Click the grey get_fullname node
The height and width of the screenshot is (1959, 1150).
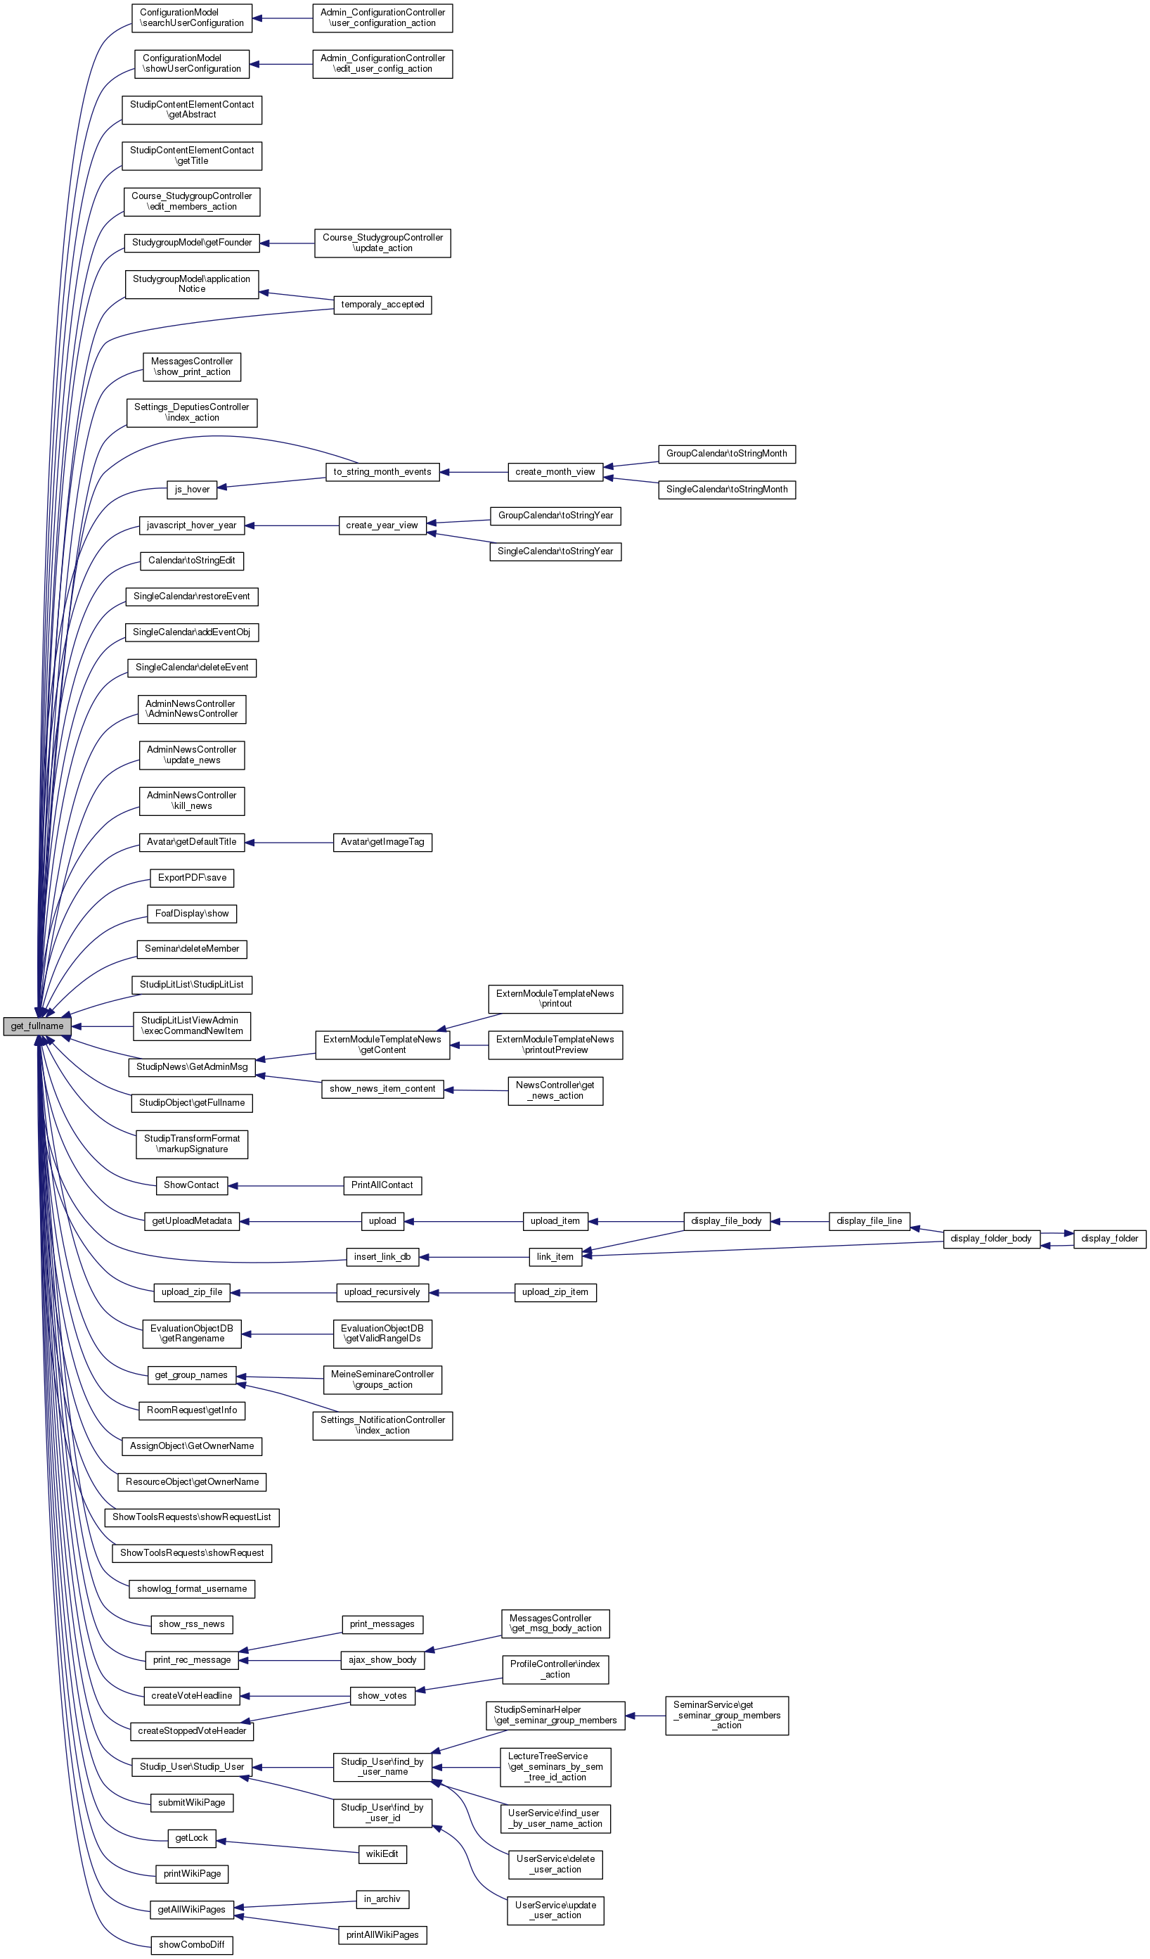coord(37,1026)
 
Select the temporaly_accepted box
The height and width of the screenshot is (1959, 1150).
coord(382,305)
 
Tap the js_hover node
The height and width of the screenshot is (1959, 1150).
coord(192,490)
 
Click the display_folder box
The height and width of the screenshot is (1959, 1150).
coord(1109,1239)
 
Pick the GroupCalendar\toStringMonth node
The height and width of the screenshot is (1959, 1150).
coord(727,454)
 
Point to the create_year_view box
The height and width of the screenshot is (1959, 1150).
coord(382,525)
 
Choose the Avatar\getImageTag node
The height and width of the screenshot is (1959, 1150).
coord(382,842)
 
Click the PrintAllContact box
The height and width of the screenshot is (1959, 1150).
coord(382,1185)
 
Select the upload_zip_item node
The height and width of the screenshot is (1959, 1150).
coord(555,1293)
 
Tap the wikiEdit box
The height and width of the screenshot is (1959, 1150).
coord(382,1854)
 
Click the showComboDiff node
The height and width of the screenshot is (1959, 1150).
coord(191,1945)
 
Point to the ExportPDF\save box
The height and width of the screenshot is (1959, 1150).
coord(192,878)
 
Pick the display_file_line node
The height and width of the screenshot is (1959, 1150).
coord(869,1221)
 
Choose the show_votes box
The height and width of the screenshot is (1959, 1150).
coord(382,1695)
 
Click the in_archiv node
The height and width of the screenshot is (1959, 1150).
coord(382,1899)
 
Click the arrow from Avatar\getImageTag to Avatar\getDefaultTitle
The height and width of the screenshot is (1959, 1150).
coord(288,842)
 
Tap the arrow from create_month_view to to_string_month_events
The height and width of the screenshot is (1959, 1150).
coord(473,472)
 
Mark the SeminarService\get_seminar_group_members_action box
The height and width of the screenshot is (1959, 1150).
coord(727,1715)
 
